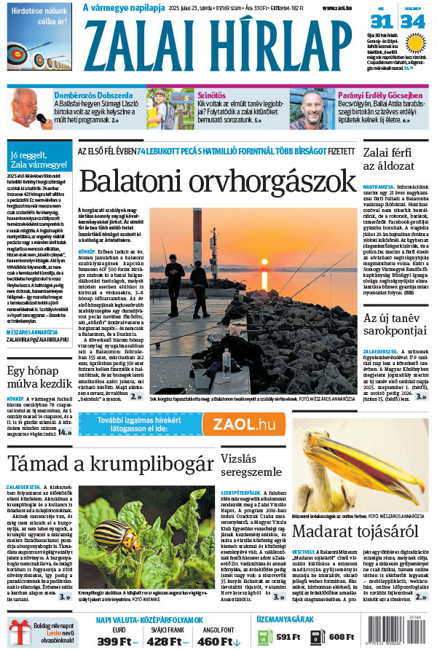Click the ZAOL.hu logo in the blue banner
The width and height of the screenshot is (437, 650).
coord(244,424)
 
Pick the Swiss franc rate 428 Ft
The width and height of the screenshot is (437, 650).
coord(168,641)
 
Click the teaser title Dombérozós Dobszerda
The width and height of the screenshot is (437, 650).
coord(89,95)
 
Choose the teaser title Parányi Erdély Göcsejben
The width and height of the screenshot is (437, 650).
coord(379,95)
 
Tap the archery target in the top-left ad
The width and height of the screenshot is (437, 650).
coord(17,53)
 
